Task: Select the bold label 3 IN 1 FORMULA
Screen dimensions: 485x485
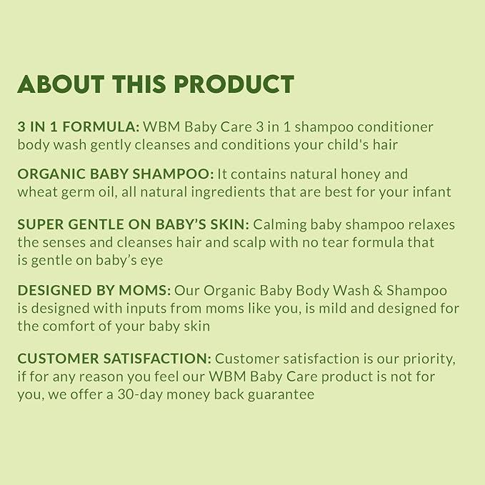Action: point(78,126)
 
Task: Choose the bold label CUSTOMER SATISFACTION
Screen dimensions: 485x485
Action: point(114,359)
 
